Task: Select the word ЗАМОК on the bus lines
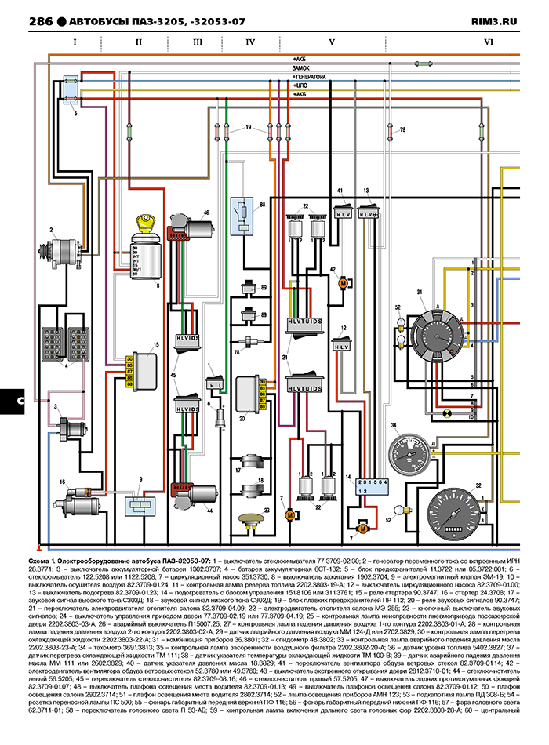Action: click(303, 69)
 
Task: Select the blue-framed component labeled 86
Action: click(244, 213)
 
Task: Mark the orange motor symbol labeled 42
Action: click(343, 284)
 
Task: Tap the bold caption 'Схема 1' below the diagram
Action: click(43, 562)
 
